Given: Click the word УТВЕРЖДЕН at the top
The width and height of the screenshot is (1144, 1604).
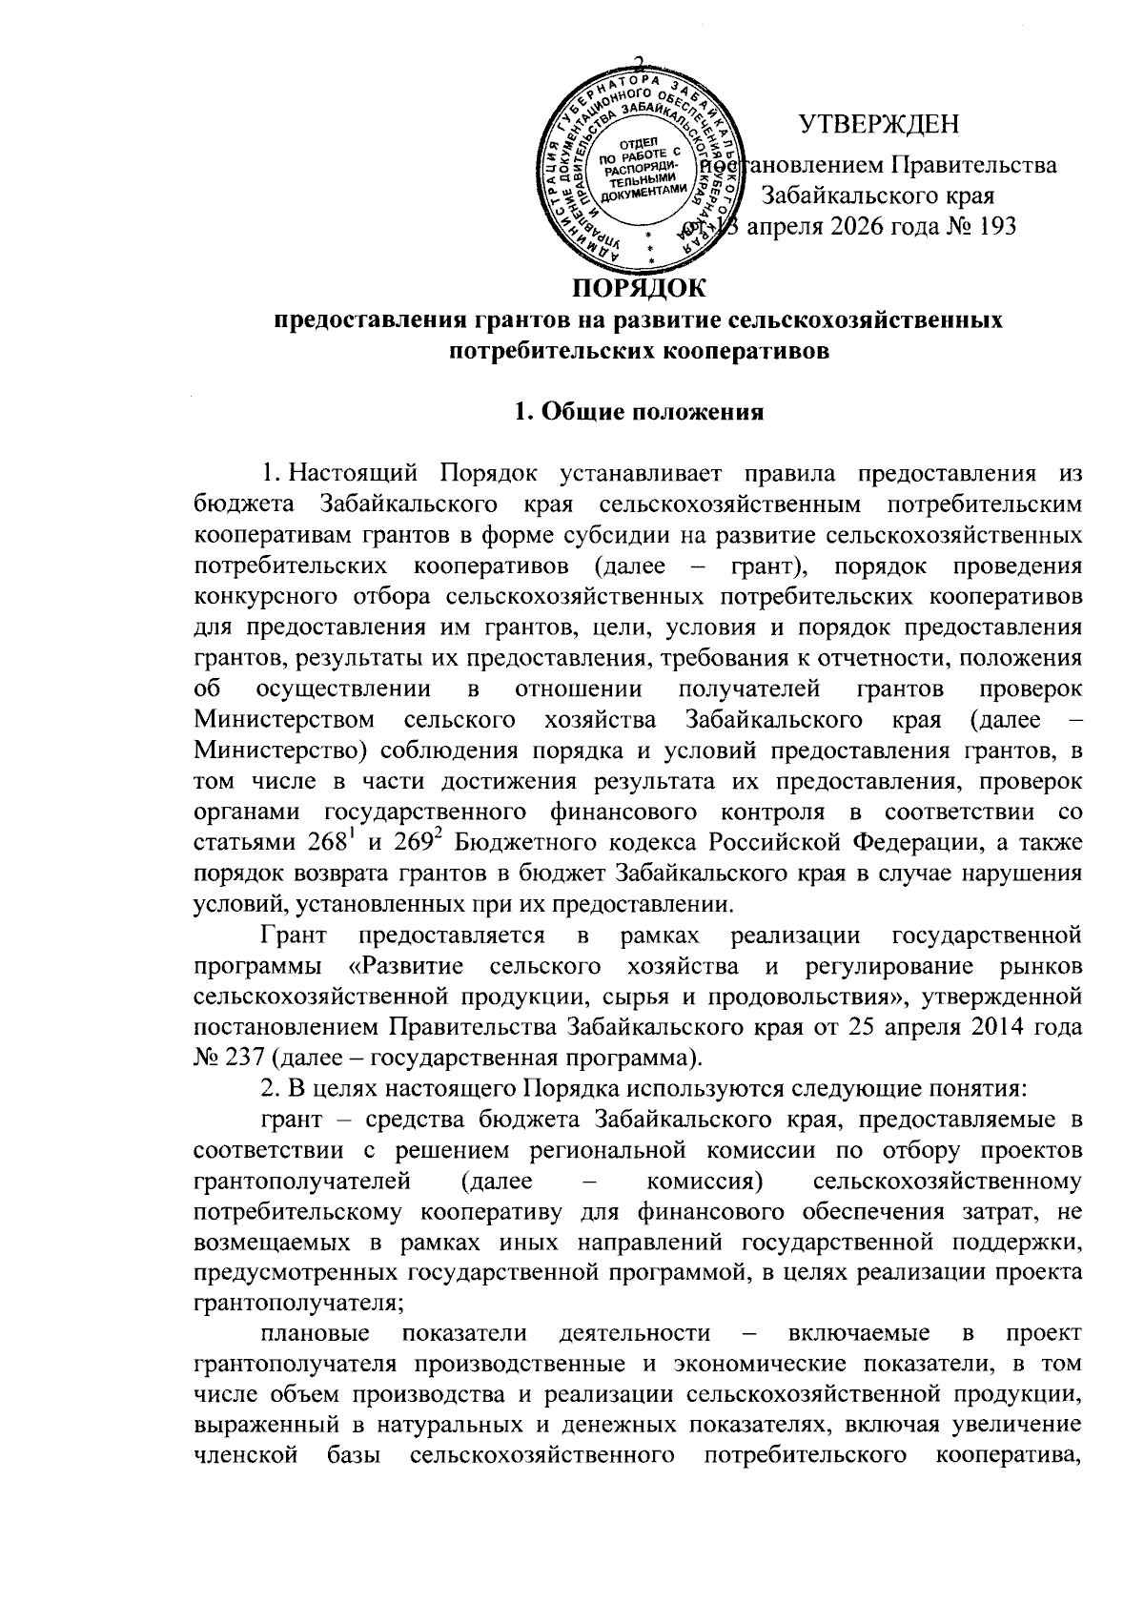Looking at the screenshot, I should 879,125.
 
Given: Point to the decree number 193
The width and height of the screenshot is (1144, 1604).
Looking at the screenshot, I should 994,226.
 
